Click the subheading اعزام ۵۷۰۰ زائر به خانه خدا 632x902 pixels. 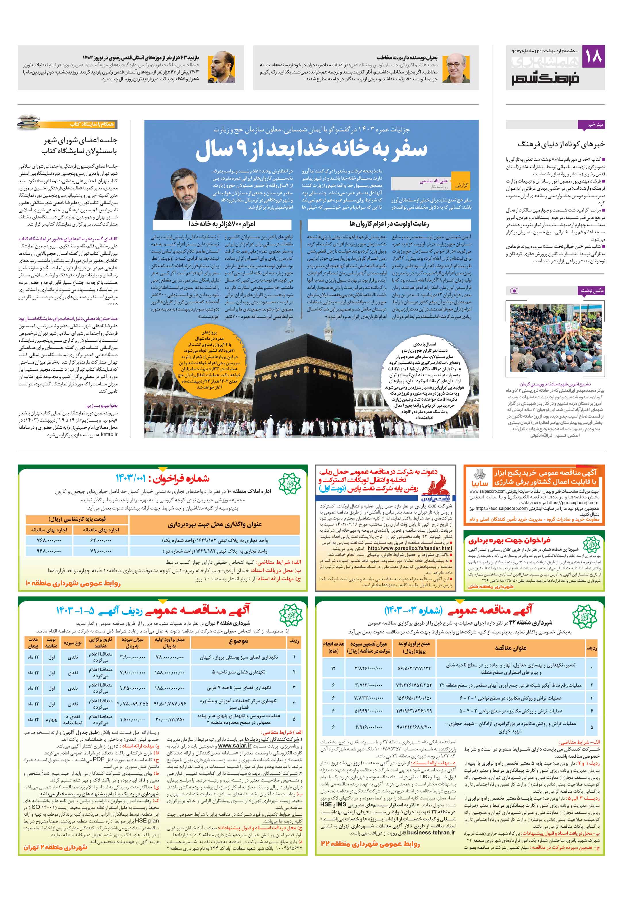[222, 224]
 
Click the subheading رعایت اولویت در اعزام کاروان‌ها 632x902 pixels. [389, 224]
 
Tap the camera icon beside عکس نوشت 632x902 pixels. [514, 291]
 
